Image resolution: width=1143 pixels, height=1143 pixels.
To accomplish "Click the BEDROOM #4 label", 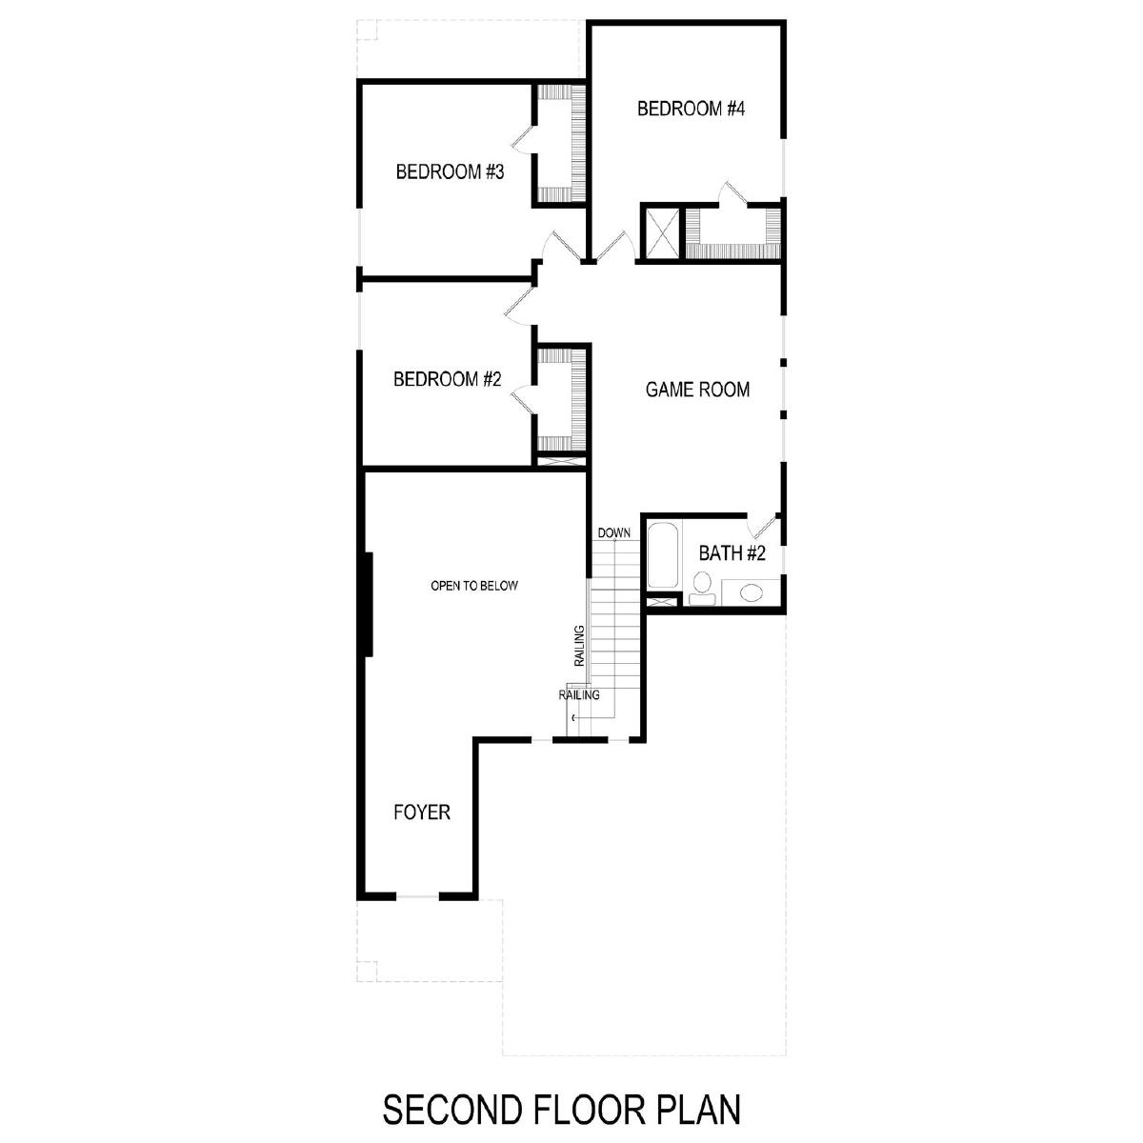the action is point(691,110).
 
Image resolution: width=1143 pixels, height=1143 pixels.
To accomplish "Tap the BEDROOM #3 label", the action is point(450,172).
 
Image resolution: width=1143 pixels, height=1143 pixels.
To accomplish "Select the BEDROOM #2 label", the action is point(448,379).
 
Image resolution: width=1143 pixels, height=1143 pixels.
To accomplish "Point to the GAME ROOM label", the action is point(697,390).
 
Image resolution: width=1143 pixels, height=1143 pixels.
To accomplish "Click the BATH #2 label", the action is point(732,553).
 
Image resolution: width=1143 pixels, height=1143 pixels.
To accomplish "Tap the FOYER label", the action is point(422,812).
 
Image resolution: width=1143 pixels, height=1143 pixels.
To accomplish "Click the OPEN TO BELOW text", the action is point(474,586).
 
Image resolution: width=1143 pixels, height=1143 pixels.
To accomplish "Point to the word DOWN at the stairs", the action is point(614,532).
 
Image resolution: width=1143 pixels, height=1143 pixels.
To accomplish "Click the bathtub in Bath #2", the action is point(663,555).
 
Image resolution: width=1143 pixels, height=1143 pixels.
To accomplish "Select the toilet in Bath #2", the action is point(703,589).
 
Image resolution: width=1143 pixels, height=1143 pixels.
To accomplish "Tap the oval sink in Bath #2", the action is point(752,592).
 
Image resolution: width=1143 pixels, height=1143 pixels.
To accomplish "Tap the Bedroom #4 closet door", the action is point(733,194).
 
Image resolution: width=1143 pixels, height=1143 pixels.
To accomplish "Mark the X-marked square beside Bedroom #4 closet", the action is point(659,232).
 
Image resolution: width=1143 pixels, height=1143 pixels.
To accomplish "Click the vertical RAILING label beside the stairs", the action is point(579,646).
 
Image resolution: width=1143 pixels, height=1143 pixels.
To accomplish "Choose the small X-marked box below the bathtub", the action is point(661,602).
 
